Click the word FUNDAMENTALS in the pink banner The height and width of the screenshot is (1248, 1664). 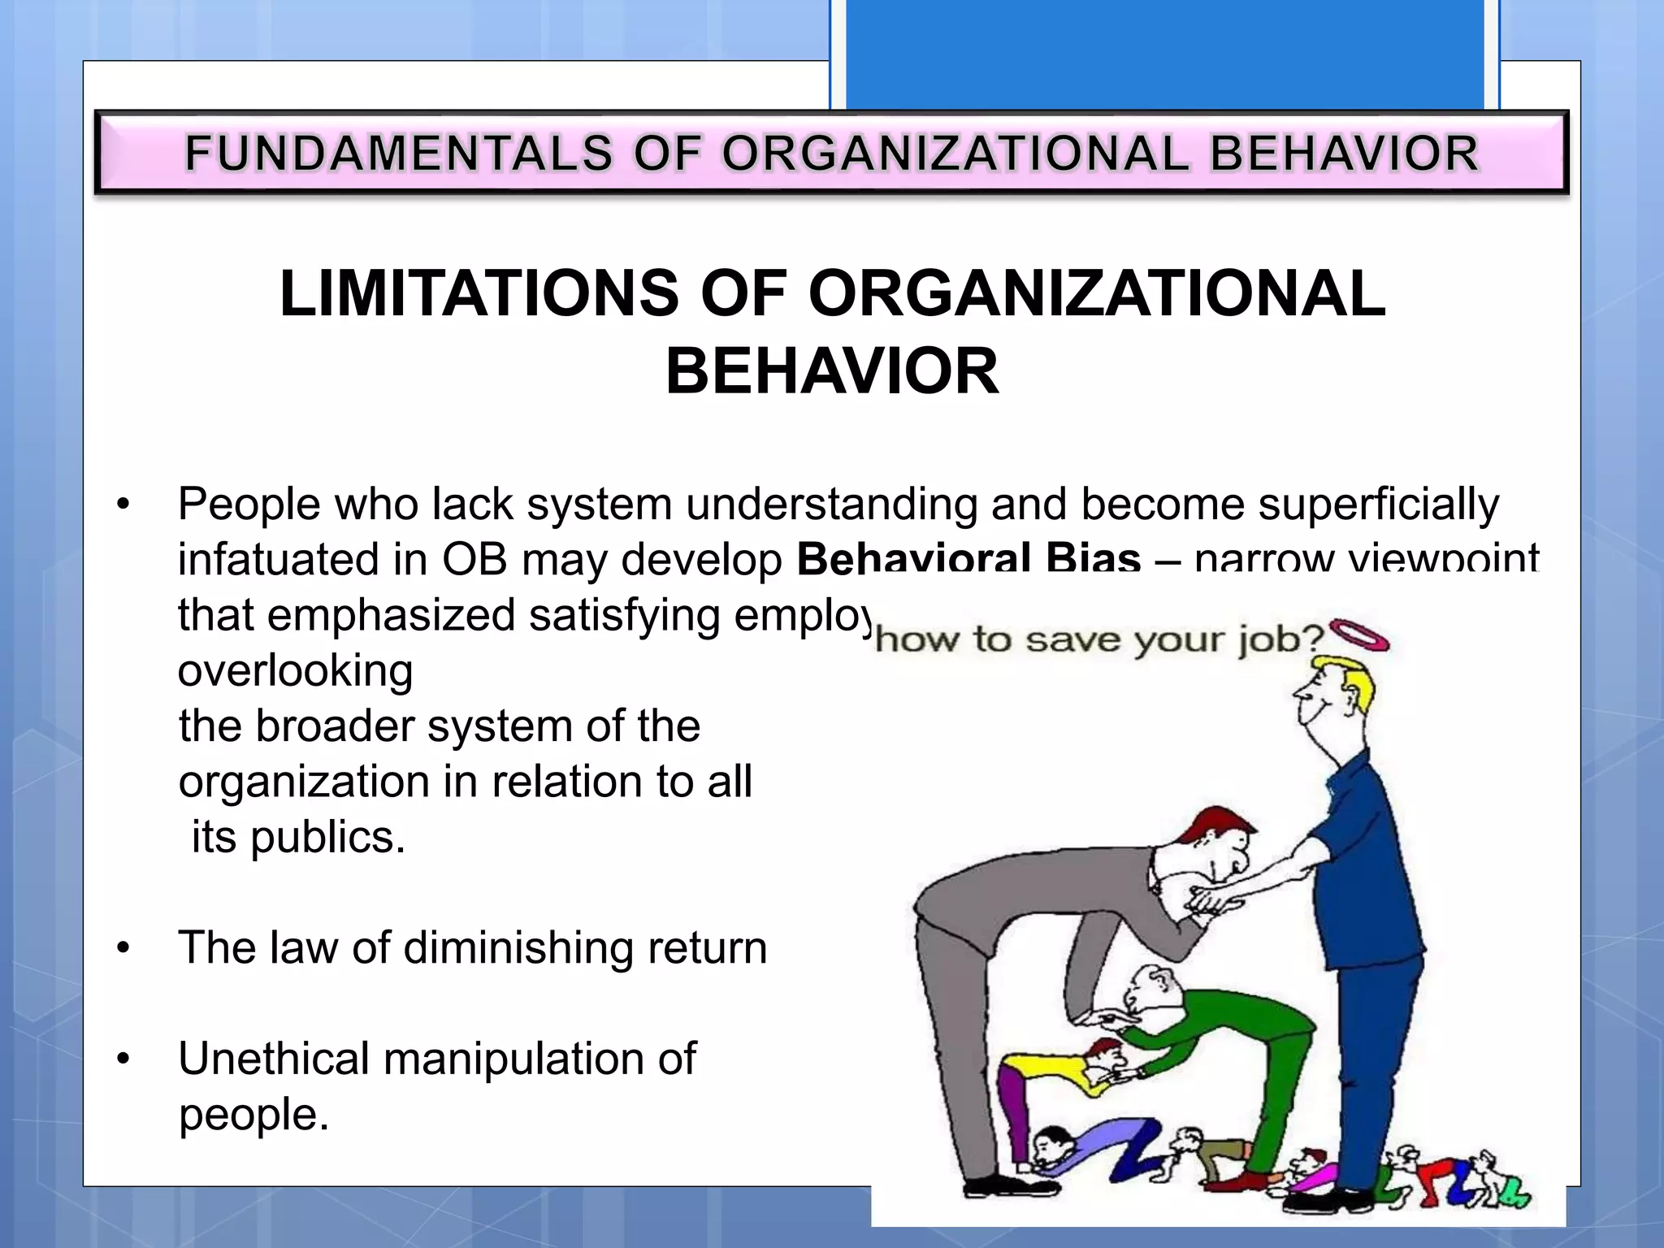point(398,154)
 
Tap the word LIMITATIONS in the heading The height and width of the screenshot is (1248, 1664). point(479,294)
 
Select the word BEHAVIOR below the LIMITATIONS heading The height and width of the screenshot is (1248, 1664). point(832,372)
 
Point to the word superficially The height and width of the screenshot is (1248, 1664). point(1379,504)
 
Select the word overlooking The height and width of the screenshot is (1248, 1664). point(295,671)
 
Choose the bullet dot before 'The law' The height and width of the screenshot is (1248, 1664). point(123,948)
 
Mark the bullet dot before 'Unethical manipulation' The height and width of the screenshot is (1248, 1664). point(123,1059)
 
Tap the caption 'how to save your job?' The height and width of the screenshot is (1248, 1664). point(1099,639)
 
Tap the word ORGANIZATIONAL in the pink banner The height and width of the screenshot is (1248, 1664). point(955,154)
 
